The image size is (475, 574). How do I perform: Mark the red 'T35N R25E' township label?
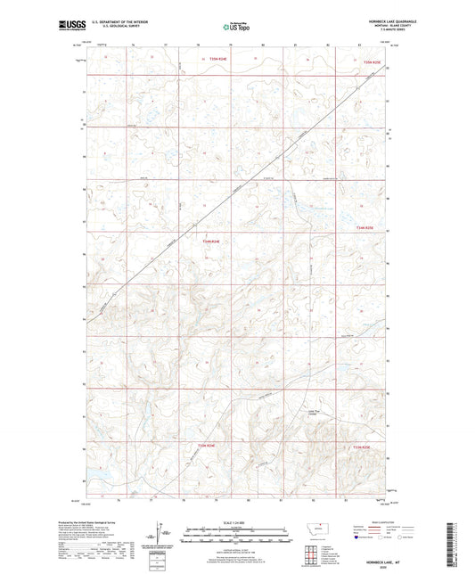click(x=373, y=62)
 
